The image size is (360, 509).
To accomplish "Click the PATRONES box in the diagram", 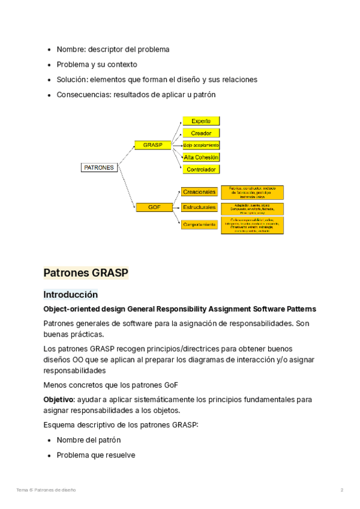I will (99, 168).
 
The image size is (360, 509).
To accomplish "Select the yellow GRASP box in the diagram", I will (152, 145).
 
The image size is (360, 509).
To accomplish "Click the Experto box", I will (201, 121).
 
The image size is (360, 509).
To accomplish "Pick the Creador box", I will (201, 133).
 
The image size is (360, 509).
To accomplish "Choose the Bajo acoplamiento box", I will (201, 145).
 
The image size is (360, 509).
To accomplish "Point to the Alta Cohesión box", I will (201, 157).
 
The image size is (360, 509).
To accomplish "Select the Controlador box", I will (201, 170).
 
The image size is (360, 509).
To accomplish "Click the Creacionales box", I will (199, 192).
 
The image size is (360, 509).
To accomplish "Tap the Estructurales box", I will (199, 207).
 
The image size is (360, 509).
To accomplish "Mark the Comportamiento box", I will (199, 224).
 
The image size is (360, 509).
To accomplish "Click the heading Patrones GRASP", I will (86, 273).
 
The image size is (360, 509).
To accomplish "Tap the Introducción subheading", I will (70, 295).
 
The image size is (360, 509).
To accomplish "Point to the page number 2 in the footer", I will (342, 490).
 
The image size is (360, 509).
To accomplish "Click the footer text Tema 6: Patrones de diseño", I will (46, 490).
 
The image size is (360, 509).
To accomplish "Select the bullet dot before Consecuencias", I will (49, 95).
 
